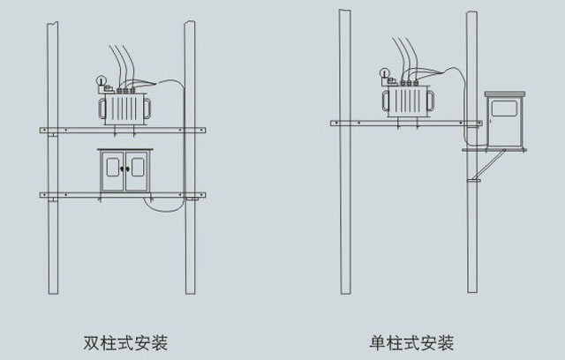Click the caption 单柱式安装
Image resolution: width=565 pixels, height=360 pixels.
412,341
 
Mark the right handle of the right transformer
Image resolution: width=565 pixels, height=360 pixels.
434,99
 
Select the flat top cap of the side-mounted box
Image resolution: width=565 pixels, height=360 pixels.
504,92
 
